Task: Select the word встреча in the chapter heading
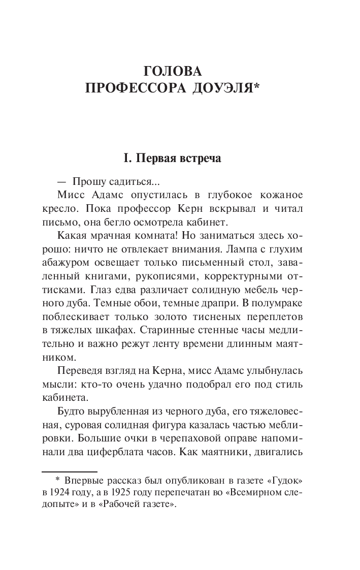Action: [x=200, y=159]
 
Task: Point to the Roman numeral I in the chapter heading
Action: [x=126, y=159]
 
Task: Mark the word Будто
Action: [x=72, y=410]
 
